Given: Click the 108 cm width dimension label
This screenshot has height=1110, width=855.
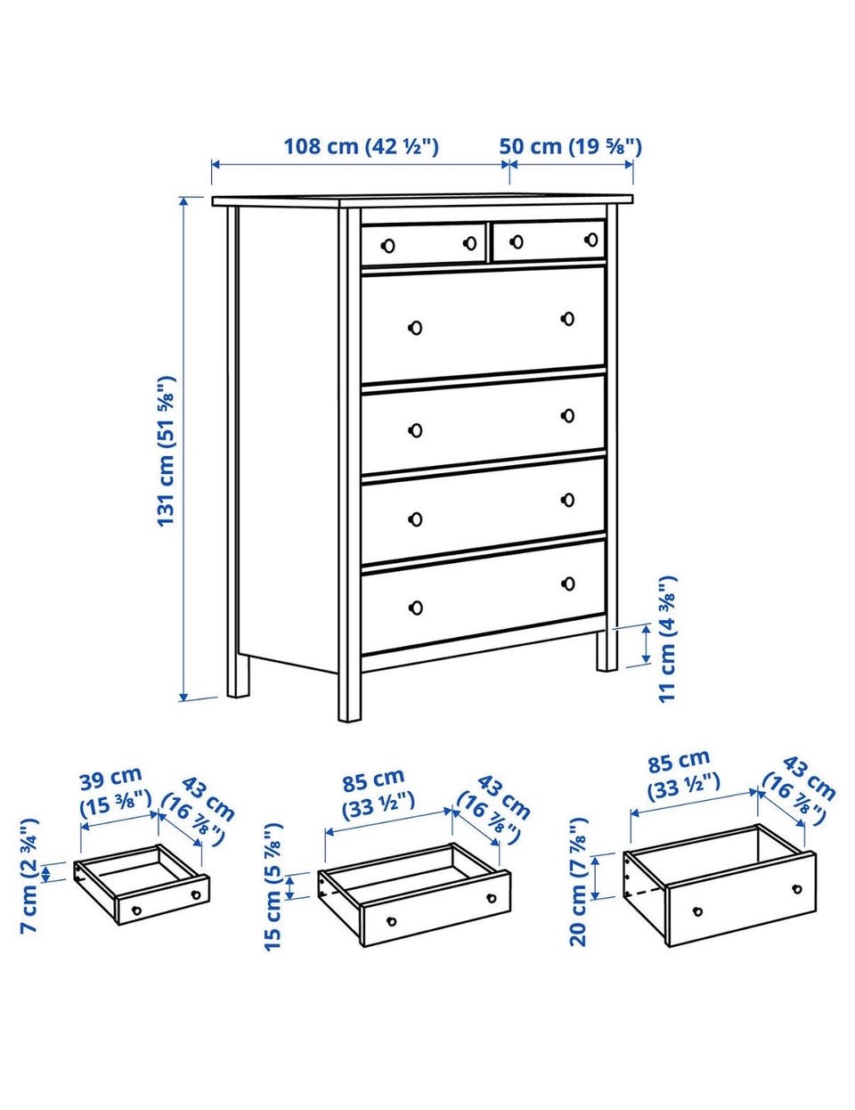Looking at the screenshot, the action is [361, 147].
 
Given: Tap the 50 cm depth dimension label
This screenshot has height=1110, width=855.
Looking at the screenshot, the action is [570, 147].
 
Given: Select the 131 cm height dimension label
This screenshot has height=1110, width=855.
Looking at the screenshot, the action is [167, 452].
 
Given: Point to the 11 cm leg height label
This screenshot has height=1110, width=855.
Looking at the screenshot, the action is [668, 640].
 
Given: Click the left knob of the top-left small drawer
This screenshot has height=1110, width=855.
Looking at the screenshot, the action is [388, 246].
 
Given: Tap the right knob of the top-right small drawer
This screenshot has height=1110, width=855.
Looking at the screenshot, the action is [592, 239].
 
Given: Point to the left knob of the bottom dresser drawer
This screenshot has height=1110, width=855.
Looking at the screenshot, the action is [416, 608].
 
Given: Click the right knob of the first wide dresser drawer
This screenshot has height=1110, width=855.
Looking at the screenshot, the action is [567, 319].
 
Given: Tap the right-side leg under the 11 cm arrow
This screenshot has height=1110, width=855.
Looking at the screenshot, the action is [607, 651].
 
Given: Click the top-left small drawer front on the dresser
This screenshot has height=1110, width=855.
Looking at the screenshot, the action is [423, 244].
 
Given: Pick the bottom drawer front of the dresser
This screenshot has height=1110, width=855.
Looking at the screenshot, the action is [483, 597].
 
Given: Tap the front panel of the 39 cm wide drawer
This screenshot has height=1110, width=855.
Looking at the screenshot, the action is [163, 900].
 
